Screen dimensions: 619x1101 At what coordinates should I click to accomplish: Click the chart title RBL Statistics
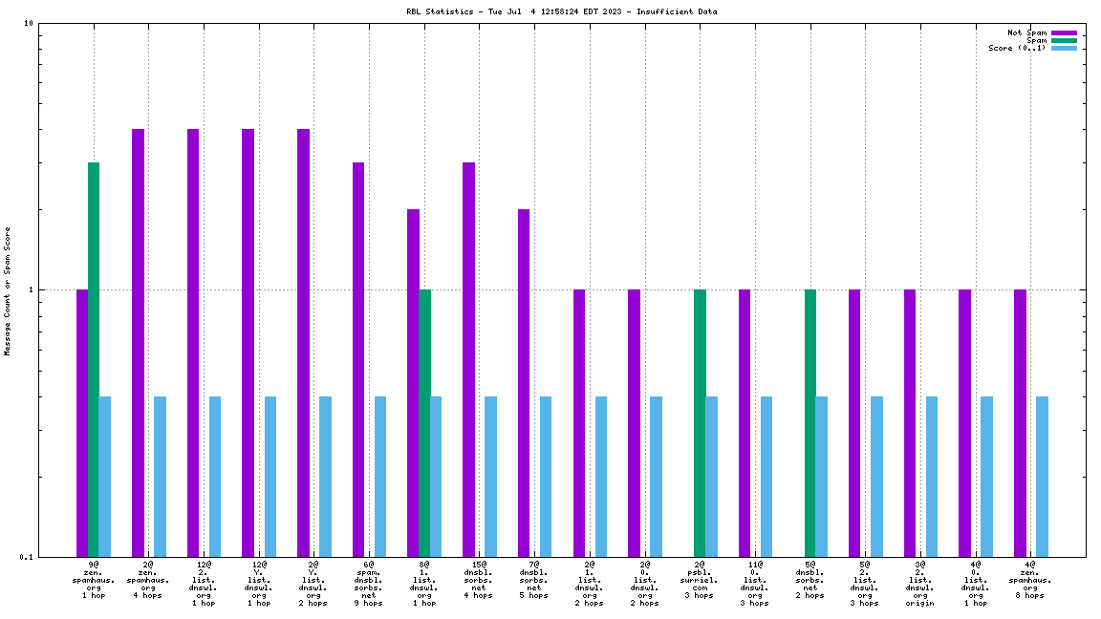click(x=562, y=11)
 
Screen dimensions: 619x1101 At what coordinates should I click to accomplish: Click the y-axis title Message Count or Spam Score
click(x=8, y=290)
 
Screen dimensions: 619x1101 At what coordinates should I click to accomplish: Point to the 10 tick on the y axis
click(x=29, y=24)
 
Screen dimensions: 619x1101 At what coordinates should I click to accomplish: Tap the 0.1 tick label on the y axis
click(x=27, y=557)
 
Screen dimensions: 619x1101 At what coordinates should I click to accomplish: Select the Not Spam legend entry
click(x=1027, y=32)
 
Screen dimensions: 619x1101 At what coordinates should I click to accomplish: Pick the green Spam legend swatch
click(x=1064, y=40)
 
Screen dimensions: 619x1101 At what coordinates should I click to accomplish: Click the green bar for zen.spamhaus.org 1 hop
click(x=94, y=359)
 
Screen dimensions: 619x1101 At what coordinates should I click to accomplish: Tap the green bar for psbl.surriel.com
click(x=700, y=422)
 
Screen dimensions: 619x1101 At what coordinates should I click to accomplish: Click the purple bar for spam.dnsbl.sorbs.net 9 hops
click(x=358, y=359)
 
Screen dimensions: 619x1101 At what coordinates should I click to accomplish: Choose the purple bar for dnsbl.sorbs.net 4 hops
click(x=468, y=359)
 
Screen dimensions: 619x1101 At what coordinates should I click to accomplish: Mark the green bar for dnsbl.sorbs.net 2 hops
click(x=810, y=422)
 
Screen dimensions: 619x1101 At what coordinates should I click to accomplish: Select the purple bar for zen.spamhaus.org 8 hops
click(x=1020, y=422)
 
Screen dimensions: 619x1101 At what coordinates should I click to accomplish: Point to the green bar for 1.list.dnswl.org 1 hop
click(x=424, y=422)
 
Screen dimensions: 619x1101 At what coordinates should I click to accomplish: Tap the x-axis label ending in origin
click(x=920, y=584)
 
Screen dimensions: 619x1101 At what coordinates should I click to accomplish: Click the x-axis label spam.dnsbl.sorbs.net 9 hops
click(x=369, y=584)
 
